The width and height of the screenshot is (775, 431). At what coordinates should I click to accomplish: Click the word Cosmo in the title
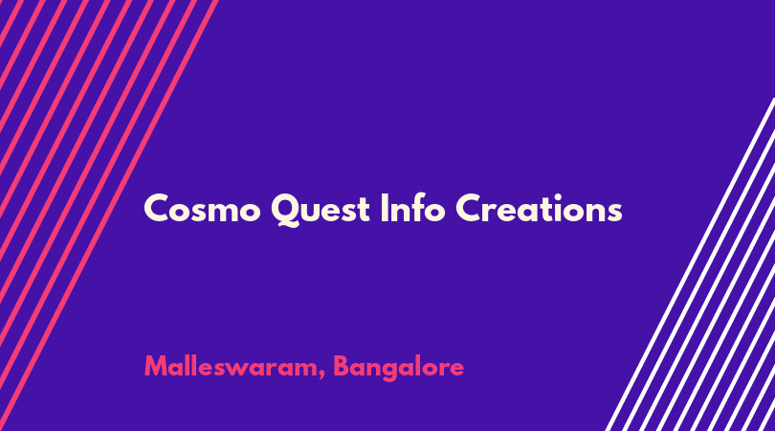202,209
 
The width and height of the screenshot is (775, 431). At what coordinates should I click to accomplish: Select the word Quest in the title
321,210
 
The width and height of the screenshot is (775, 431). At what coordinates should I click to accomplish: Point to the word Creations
539,209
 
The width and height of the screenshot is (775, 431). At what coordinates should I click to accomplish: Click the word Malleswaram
232,367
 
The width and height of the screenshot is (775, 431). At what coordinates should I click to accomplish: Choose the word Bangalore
398,368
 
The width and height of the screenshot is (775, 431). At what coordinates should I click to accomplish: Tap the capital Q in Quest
285,211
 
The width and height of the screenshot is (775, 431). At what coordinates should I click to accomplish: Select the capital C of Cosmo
157,209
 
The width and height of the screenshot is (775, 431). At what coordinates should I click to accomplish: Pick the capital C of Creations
469,209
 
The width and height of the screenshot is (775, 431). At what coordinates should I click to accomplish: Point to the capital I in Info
384,208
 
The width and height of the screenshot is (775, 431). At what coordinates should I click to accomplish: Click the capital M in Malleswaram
157,367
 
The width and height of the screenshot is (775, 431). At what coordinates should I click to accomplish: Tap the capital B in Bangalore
342,367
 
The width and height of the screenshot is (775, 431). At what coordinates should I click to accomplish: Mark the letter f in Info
416,207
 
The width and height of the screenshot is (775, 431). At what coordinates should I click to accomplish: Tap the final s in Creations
613,213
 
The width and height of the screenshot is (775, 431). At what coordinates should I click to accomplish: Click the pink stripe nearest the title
109,215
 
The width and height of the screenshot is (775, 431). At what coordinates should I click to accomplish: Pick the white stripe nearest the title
691,264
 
